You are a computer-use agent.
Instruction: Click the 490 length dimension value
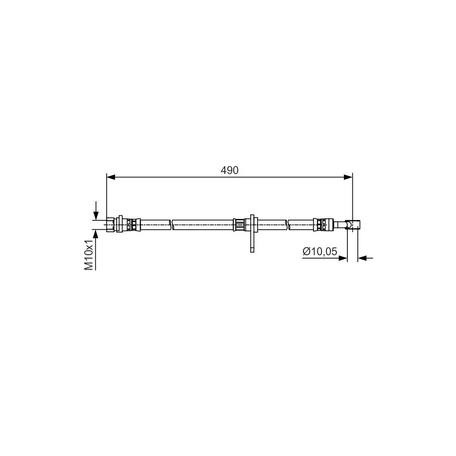(229, 170)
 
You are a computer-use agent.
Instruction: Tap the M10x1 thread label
(89, 255)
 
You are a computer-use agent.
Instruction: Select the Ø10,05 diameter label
(319, 251)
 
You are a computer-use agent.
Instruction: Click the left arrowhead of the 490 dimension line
(111, 177)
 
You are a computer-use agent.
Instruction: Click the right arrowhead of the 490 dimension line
(348, 177)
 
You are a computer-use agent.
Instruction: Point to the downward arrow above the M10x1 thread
(95, 210)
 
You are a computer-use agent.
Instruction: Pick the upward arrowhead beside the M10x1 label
(95, 234)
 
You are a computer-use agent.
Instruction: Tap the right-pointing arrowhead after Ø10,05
(343, 258)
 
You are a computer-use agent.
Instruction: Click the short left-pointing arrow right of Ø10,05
(365, 258)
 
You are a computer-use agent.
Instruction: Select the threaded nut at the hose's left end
(110, 225)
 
